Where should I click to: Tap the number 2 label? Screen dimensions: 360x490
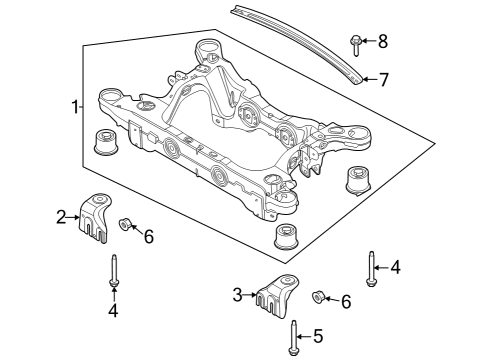pos(61,215)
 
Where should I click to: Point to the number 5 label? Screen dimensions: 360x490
pos(320,336)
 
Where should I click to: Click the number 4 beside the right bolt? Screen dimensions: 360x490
pos(397,267)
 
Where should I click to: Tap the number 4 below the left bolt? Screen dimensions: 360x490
pos(113,311)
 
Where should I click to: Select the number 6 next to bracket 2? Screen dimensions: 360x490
pos(148,236)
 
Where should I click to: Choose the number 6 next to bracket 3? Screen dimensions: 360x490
pos(346,302)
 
